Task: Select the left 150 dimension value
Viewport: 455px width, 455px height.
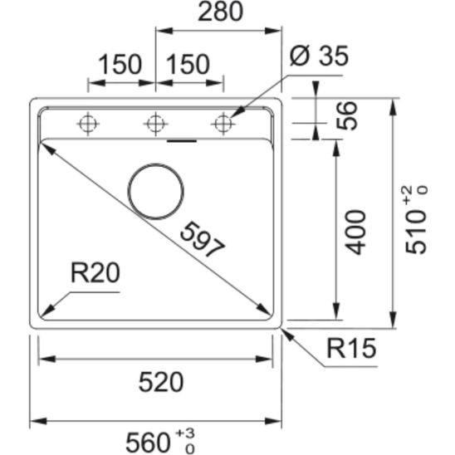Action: point(119,64)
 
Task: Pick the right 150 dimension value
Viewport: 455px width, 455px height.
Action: point(187,64)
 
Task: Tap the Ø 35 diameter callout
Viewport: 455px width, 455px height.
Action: point(319,58)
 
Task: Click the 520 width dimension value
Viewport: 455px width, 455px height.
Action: point(159,382)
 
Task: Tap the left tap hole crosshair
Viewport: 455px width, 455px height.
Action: point(86,125)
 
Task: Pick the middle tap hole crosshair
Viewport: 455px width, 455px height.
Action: point(154,125)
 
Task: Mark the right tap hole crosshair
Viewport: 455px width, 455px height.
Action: point(221,125)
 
